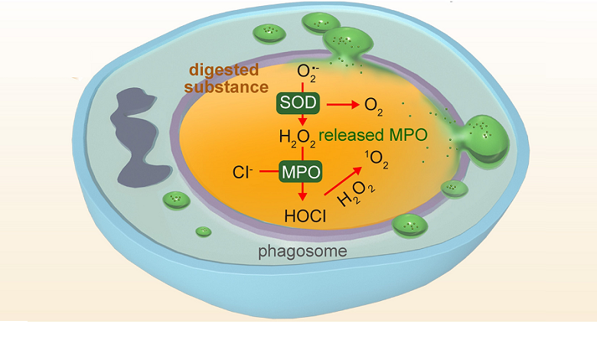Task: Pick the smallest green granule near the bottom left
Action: [x=204, y=231]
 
